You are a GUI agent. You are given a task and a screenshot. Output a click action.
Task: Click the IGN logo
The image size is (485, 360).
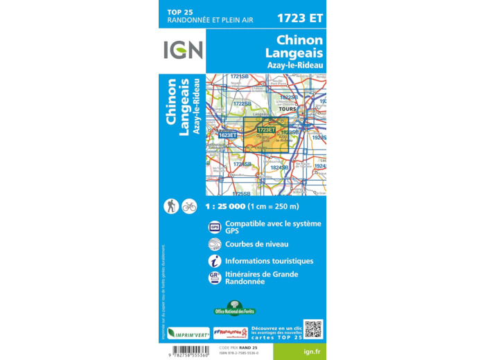[184, 49]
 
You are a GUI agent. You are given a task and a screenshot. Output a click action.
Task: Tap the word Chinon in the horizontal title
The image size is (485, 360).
[299, 40]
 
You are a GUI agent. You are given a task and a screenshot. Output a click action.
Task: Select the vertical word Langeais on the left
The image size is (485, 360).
[184, 111]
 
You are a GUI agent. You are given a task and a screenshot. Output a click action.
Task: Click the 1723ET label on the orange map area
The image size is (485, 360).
[266, 129]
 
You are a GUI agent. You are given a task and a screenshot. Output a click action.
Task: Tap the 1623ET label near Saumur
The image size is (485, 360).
[218, 136]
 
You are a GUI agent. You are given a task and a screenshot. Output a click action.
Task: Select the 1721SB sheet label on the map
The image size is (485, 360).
[239, 76]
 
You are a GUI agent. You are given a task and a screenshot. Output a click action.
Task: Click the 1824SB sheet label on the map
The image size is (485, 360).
[280, 167]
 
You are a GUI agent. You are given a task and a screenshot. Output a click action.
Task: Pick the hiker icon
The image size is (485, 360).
[171, 206]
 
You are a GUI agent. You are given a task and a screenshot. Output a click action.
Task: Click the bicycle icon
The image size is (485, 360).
[189, 206]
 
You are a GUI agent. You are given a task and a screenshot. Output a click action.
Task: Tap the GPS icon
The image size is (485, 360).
[215, 226]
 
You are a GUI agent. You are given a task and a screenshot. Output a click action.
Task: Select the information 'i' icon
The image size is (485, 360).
[215, 261]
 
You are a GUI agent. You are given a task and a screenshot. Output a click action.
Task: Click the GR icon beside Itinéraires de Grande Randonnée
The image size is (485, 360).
[215, 278]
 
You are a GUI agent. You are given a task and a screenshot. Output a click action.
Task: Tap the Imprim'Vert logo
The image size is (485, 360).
[188, 333]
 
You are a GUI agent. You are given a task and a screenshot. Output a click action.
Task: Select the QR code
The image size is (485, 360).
[313, 329]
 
